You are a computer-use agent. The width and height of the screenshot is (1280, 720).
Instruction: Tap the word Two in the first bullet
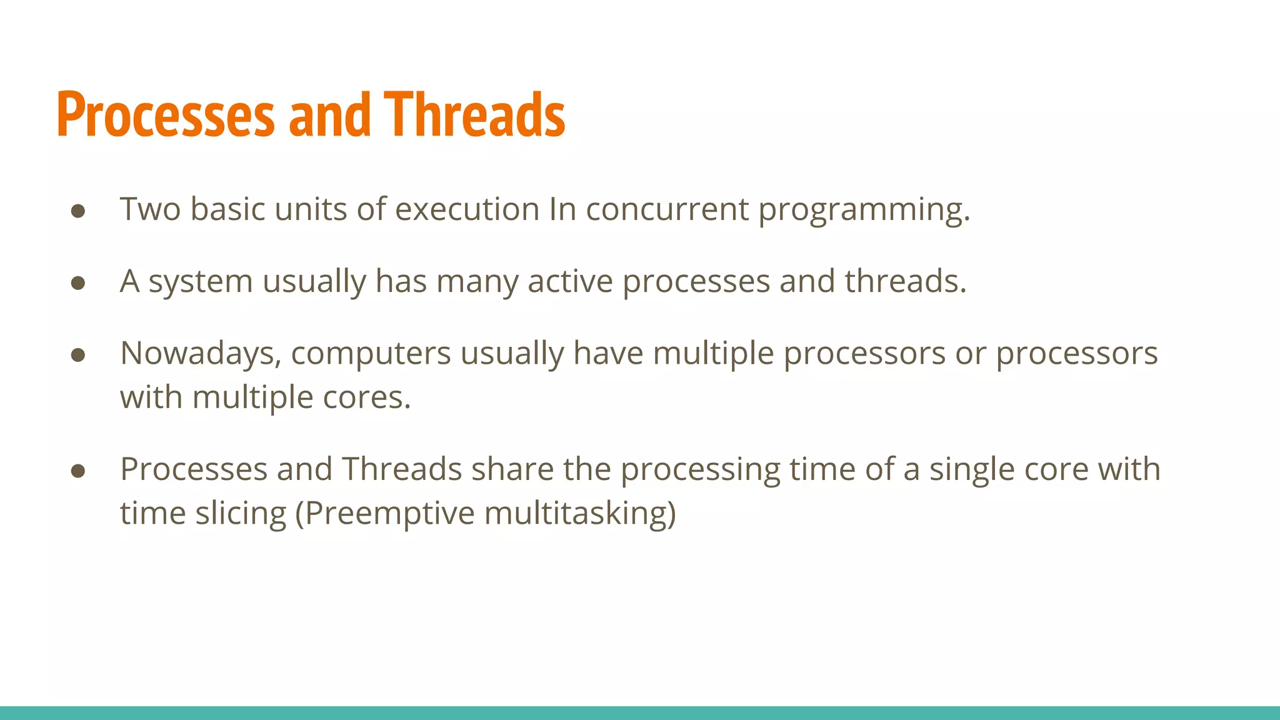[150, 209]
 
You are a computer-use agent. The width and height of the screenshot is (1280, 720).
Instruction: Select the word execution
[467, 209]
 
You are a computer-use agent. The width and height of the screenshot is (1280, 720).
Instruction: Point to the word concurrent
[667, 209]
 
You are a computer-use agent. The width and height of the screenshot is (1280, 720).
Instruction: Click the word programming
[864, 210]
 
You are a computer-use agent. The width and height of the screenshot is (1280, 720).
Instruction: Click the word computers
[371, 354]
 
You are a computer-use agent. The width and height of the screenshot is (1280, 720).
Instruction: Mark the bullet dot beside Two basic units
[78, 211]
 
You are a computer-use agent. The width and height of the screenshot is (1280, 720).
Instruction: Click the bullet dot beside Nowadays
[78, 355]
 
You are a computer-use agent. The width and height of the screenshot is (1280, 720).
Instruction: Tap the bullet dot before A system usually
[78, 283]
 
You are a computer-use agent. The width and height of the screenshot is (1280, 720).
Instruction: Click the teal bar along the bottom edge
[640, 712]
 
